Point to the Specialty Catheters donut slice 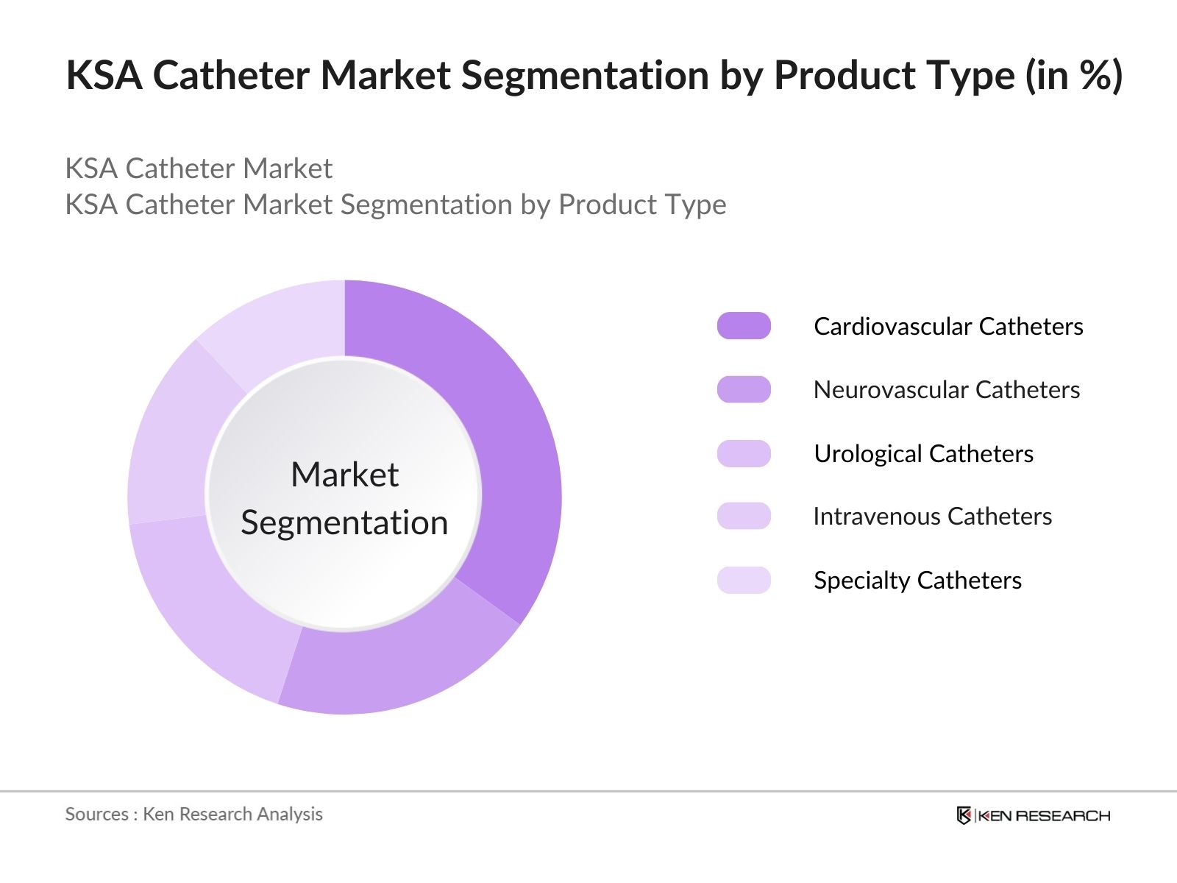pos(280,324)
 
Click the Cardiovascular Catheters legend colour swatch pos(744,326)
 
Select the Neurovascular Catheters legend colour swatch pos(744,389)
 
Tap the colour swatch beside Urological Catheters pos(744,453)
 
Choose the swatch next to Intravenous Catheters pos(744,516)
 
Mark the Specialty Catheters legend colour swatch pos(744,580)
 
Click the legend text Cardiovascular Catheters pos(948,326)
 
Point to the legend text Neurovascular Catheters pos(947,389)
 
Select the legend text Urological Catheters pos(923,453)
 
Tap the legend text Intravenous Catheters pos(932,516)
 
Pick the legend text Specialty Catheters pos(917,580)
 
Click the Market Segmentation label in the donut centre pos(344,498)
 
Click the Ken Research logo pos(1033,815)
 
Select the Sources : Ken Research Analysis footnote pos(193,814)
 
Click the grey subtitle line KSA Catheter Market pos(199,169)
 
